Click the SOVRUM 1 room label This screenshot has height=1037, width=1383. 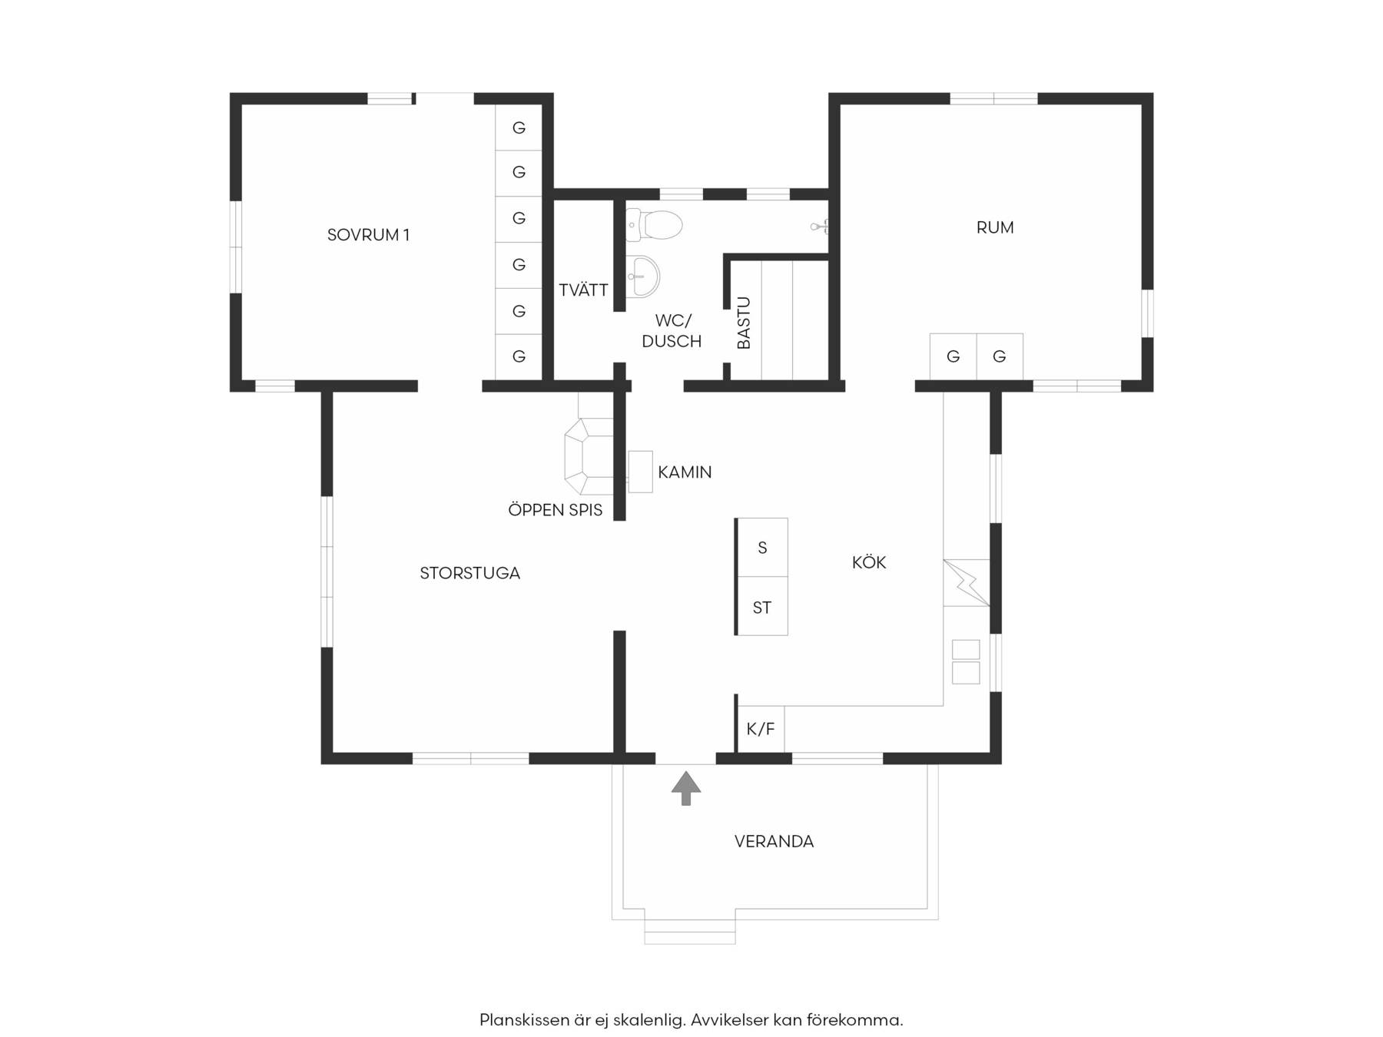(368, 235)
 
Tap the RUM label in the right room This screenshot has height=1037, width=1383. (995, 227)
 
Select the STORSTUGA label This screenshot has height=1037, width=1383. (469, 573)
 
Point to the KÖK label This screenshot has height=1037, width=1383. (869, 562)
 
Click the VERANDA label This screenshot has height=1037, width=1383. (774, 841)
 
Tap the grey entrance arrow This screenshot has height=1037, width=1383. (686, 788)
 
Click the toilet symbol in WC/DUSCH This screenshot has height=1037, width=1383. (654, 225)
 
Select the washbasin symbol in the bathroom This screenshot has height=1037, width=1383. (642, 277)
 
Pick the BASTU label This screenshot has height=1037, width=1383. (744, 323)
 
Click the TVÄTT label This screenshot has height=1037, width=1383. (583, 290)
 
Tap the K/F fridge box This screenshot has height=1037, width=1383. (761, 729)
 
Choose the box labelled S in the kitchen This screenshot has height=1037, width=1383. (762, 548)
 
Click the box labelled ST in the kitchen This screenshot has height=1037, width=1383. (762, 606)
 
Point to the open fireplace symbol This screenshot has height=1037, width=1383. (589, 457)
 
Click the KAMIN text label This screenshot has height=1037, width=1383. (685, 472)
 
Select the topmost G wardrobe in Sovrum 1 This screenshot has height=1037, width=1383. (519, 128)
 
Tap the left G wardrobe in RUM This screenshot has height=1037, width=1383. (953, 356)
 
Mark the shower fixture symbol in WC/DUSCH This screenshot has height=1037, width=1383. (819, 226)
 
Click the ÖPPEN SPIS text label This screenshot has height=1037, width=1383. (556, 509)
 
